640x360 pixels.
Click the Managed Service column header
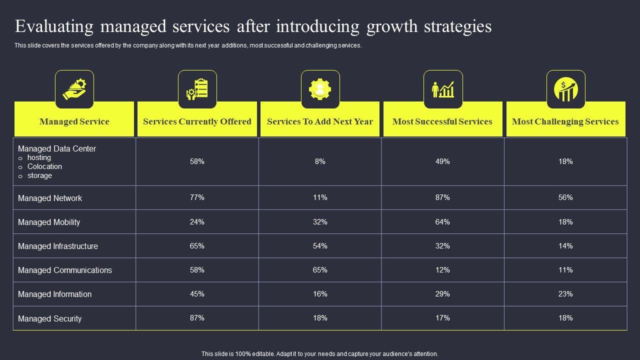point(74,121)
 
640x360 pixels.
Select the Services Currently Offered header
point(197,121)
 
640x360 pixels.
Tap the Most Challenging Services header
point(565,121)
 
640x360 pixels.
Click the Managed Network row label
point(50,198)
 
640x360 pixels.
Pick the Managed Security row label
point(49,318)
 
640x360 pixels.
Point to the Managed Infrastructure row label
point(58,246)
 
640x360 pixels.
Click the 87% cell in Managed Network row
point(442,197)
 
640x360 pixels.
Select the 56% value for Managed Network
point(565,197)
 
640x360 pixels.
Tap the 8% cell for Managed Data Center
point(320,161)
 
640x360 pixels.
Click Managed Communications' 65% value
point(320,270)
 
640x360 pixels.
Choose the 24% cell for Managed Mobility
point(197,222)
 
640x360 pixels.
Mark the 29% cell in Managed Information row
point(442,294)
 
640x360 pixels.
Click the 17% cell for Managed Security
point(442,318)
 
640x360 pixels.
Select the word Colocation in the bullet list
point(44,166)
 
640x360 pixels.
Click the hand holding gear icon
point(74,89)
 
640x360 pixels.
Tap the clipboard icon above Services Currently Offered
point(197,89)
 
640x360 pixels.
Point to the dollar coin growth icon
point(565,89)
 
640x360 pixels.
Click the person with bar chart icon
point(443,89)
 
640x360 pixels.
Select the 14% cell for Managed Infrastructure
point(565,246)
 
